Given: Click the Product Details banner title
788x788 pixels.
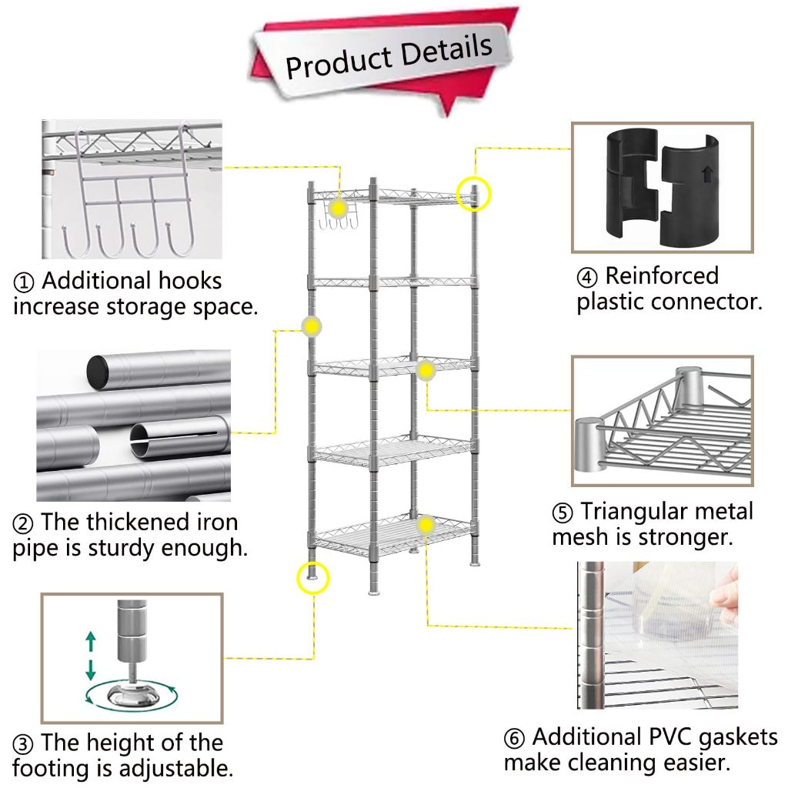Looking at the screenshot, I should tap(388, 56).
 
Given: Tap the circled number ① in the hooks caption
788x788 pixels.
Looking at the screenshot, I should tap(24, 282).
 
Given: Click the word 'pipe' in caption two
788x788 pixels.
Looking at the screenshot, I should tap(38, 549).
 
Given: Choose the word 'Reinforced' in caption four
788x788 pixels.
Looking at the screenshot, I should tap(661, 275).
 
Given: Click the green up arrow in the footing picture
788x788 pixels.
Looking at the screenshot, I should tap(90, 640).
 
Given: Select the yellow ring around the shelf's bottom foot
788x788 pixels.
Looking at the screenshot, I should tap(312, 576).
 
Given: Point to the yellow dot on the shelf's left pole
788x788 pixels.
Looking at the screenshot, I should tap(311, 327).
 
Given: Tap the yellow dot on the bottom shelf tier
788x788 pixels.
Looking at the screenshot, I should tap(426, 524).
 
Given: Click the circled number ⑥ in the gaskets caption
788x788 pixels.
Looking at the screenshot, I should tap(515, 738).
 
